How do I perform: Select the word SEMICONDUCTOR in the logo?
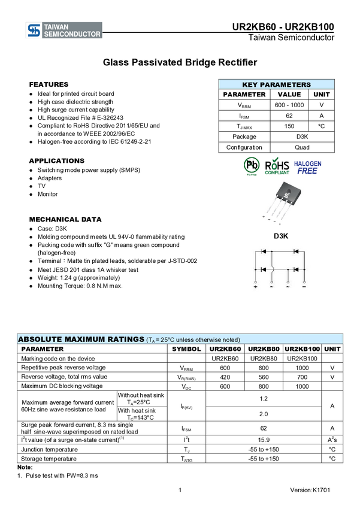tap(72, 35)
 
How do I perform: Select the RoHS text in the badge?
tap(277, 163)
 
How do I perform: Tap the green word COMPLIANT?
tap(277, 172)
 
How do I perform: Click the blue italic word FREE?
tap(307, 171)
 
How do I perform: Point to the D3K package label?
tap(281, 236)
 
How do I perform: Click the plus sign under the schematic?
tap(256, 287)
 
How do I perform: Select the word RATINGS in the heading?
tap(122, 340)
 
